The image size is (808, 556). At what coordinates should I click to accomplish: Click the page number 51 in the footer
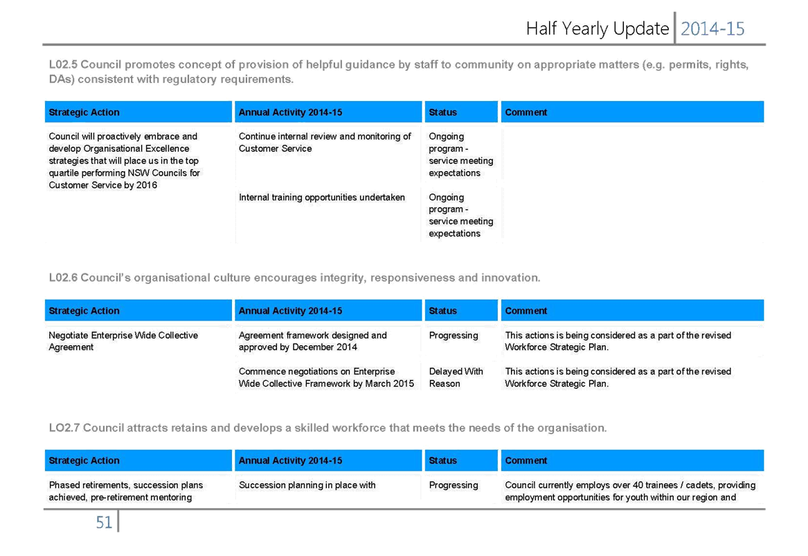point(104,523)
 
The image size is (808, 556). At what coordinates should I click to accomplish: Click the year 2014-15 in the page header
point(712,29)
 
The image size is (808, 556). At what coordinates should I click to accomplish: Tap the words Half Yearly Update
point(598,29)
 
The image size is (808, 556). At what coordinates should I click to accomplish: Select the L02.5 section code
point(63,64)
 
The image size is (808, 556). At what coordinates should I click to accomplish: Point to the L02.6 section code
point(63,278)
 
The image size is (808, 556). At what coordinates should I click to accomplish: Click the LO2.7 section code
point(64,428)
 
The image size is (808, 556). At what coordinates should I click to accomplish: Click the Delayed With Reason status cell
point(456,377)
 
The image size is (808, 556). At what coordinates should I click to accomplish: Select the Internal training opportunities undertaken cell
point(321,197)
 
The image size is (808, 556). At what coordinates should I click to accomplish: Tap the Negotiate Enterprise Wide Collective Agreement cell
point(123,341)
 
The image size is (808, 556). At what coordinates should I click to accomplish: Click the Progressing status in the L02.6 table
point(454,335)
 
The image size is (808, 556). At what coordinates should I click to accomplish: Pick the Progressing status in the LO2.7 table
point(454,485)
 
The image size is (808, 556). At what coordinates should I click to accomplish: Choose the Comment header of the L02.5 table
point(526,112)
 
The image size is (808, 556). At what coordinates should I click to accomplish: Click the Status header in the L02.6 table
point(442,311)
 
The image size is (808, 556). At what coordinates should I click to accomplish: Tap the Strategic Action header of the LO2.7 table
point(84,460)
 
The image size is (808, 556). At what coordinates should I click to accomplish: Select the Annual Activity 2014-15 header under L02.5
point(290,112)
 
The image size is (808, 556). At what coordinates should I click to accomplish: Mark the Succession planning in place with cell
point(307,485)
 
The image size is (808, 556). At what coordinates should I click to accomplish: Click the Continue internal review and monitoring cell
point(325,142)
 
